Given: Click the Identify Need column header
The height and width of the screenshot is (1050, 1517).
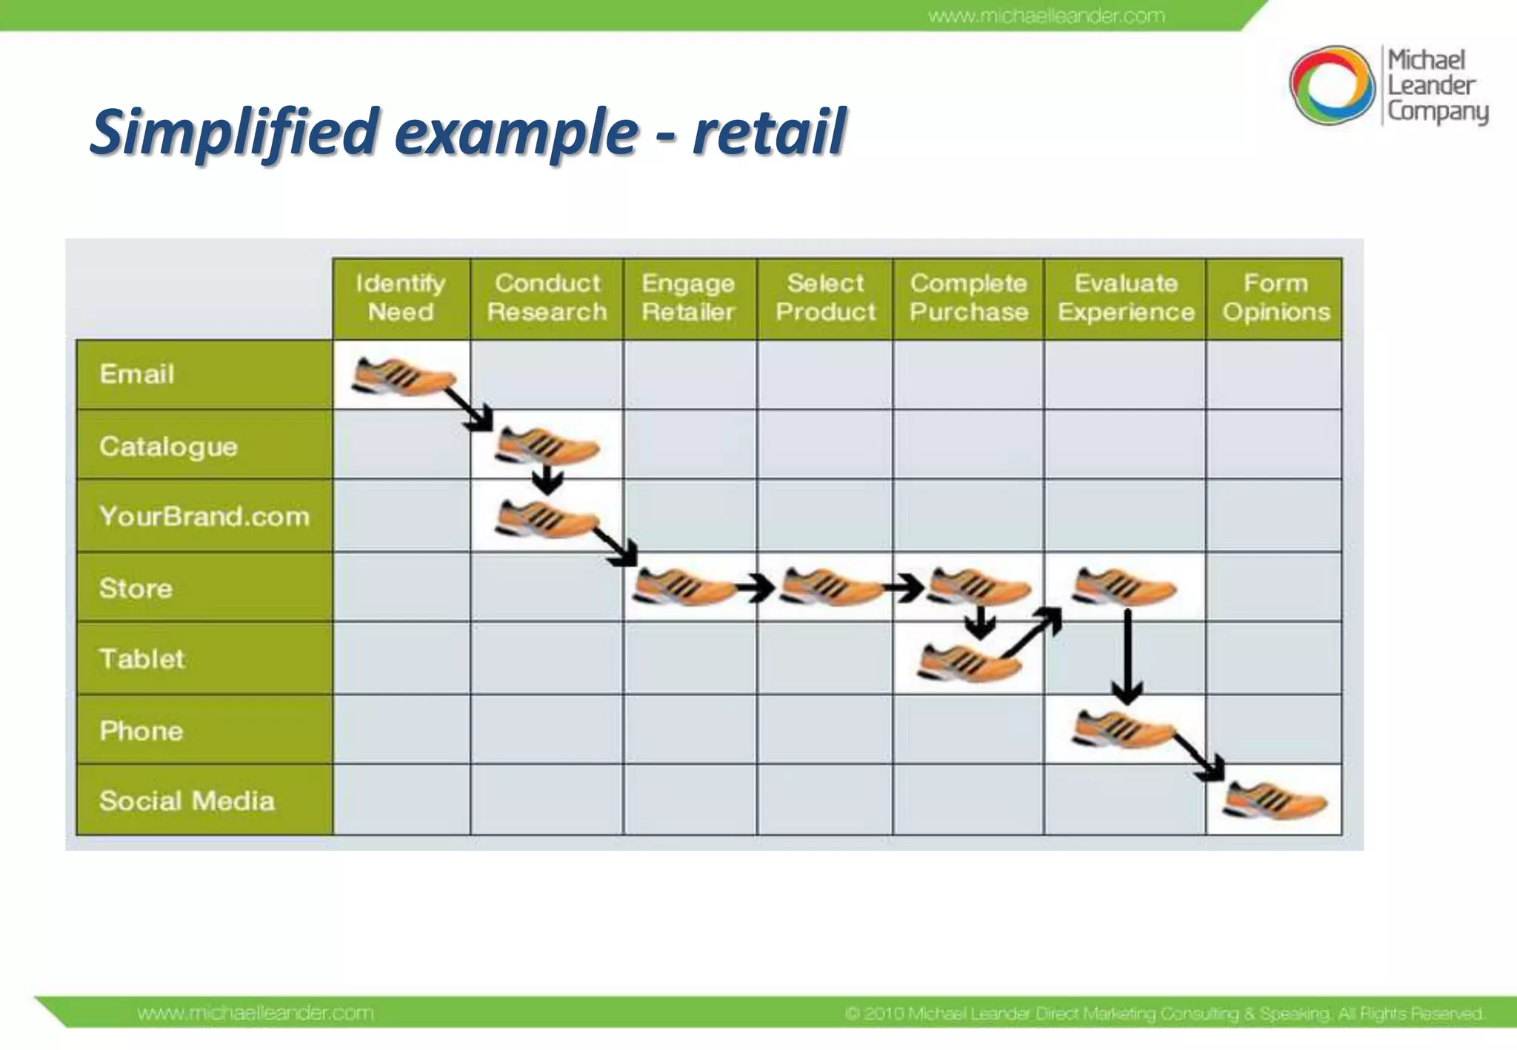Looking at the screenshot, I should pyautogui.click(x=401, y=298).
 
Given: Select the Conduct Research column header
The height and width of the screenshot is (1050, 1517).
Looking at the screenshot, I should pyautogui.click(x=547, y=298).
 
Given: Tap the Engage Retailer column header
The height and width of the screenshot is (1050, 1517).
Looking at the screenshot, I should pyautogui.click(x=689, y=298).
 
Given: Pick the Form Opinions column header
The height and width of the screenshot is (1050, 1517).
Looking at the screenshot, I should pyautogui.click(x=1276, y=298).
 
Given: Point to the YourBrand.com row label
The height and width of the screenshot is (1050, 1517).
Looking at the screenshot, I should pyautogui.click(x=204, y=516).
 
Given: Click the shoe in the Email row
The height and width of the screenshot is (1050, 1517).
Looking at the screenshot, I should pyautogui.click(x=403, y=376).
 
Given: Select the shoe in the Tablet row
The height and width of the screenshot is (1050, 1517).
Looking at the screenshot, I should pyautogui.click(x=969, y=661).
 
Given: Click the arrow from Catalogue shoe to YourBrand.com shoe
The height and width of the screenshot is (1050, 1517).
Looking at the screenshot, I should pyautogui.click(x=547, y=479).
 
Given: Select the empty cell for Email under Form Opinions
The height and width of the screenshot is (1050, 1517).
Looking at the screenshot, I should pyautogui.click(x=1274, y=375).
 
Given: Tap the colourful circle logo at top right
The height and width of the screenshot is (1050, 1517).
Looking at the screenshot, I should pyautogui.click(x=1331, y=85).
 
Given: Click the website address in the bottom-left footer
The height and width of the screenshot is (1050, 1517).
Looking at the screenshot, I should pyautogui.click(x=256, y=1012).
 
